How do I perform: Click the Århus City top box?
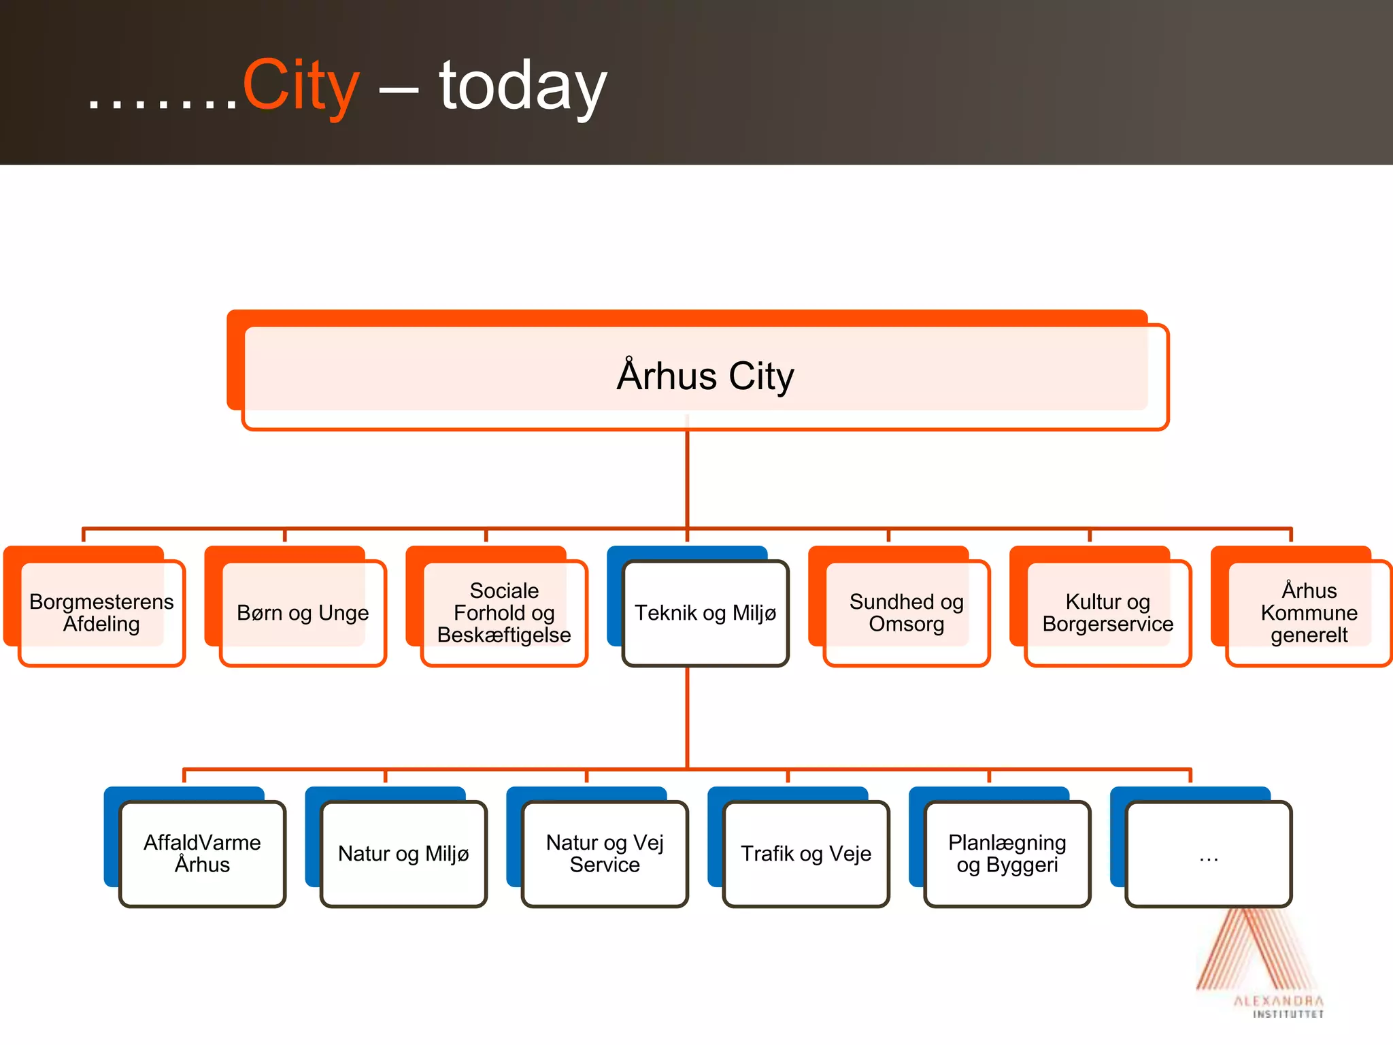click(705, 376)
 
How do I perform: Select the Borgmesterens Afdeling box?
click(101, 613)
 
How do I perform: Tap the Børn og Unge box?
click(303, 613)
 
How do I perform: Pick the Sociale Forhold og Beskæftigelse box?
click(504, 613)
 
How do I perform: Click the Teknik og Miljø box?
click(705, 613)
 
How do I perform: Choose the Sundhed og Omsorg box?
click(906, 613)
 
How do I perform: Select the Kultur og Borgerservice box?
click(1107, 613)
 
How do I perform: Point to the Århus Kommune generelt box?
click(1309, 613)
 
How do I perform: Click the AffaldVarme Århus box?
click(202, 854)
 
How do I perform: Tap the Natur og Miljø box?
click(403, 854)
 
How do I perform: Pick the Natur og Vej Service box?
click(605, 854)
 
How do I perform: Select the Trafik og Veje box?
click(806, 854)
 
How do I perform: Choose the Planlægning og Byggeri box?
click(1007, 854)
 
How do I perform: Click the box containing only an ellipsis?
click(1209, 854)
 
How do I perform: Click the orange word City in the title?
click(301, 86)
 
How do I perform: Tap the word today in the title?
click(522, 87)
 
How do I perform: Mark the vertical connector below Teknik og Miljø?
click(688, 718)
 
